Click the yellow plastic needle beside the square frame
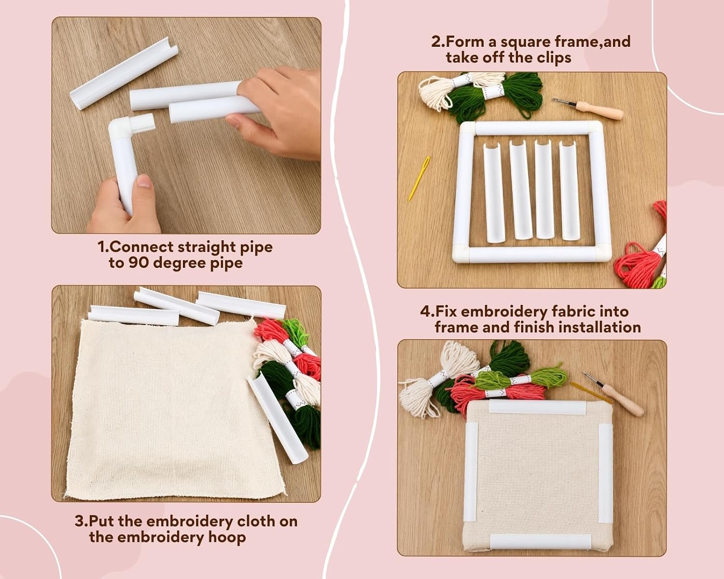pos(419,179)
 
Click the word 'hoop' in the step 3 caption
pos(227,537)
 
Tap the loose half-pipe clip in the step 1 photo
pos(124,73)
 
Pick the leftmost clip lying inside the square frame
pos(494,192)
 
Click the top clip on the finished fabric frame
pos(537,407)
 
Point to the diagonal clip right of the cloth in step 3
pos(277,419)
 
